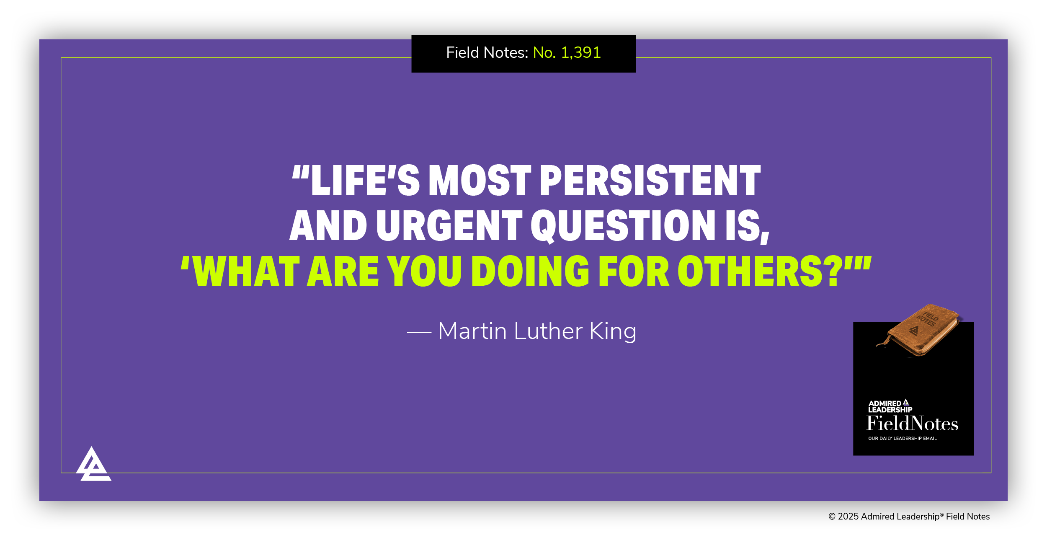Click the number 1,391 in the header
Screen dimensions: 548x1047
point(580,53)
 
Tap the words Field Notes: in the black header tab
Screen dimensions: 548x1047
point(487,53)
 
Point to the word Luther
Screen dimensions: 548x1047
point(548,331)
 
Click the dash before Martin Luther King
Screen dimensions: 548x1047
point(419,332)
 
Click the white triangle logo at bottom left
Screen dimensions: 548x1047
point(93,465)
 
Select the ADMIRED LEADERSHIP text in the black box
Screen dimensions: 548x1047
point(890,406)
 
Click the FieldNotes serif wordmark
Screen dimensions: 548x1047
point(912,424)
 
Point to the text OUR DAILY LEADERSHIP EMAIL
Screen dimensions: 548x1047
point(902,438)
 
